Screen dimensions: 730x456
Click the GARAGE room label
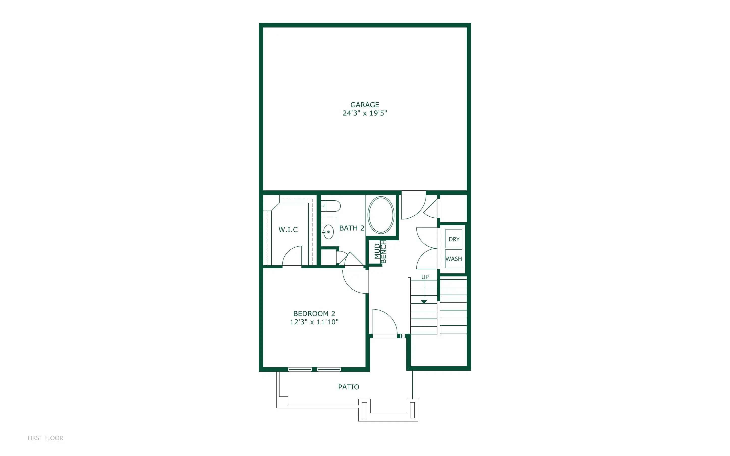point(364,105)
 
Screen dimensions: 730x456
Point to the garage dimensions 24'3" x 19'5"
point(364,113)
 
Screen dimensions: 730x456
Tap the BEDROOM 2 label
point(314,314)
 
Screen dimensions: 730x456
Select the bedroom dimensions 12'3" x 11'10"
point(314,322)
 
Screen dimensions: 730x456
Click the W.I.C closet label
point(288,230)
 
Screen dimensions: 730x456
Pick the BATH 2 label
point(352,228)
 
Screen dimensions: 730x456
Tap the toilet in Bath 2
point(331,206)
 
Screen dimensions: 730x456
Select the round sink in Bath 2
point(328,232)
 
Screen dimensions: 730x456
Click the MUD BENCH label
point(380,251)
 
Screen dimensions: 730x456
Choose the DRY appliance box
point(454,239)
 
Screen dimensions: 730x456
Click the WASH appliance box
point(454,259)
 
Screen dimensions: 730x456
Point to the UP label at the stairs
point(425,277)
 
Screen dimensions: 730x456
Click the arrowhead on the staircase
point(424,302)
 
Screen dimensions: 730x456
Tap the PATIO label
point(349,387)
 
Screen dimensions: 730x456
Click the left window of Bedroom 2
point(300,369)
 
